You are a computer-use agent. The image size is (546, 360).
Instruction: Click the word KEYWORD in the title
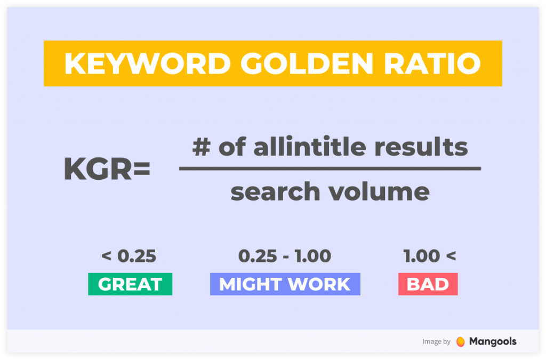pyautogui.click(x=148, y=63)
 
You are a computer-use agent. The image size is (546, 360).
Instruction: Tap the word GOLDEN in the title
pyautogui.click(x=307, y=63)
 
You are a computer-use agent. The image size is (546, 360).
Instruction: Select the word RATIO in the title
pyautogui.click(x=432, y=63)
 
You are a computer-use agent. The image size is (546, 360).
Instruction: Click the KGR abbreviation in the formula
pyautogui.click(x=98, y=169)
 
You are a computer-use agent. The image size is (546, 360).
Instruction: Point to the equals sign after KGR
pyautogui.click(x=141, y=169)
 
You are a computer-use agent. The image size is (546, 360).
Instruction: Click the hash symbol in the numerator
pyautogui.click(x=201, y=147)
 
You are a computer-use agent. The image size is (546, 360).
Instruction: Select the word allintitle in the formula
pyautogui.click(x=310, y=146)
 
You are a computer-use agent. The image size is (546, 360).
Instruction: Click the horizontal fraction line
pyautogui.click(x=330, y=169)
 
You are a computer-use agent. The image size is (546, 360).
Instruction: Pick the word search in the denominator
pyautogui.click(x=275, y=192)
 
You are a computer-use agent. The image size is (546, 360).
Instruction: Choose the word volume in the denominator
pyautogui.click(x=379, y=192)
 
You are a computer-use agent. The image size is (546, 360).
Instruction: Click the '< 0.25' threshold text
pyautogui.click(x=129, y=256)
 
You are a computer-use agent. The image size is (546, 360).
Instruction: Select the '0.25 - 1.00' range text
pyautogui.click(x=285, y=256)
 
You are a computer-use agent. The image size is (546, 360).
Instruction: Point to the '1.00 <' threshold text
pyautogui.click(x=430, y=256)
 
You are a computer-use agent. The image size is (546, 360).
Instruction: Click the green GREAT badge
pyautogui.click(x=130, y=284)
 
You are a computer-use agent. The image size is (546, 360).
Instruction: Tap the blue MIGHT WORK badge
pyautogui.click(x=285, y=284)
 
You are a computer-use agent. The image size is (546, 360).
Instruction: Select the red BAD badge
pyautogui.click(x=428, y=284)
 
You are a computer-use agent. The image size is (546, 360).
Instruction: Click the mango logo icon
pyautogui.click(x=460, y=341)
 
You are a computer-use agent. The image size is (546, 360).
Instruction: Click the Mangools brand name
pyautogui.click(x=493, y=341)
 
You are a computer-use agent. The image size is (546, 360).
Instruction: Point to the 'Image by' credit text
pyautogui.click(x=436, y=341)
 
